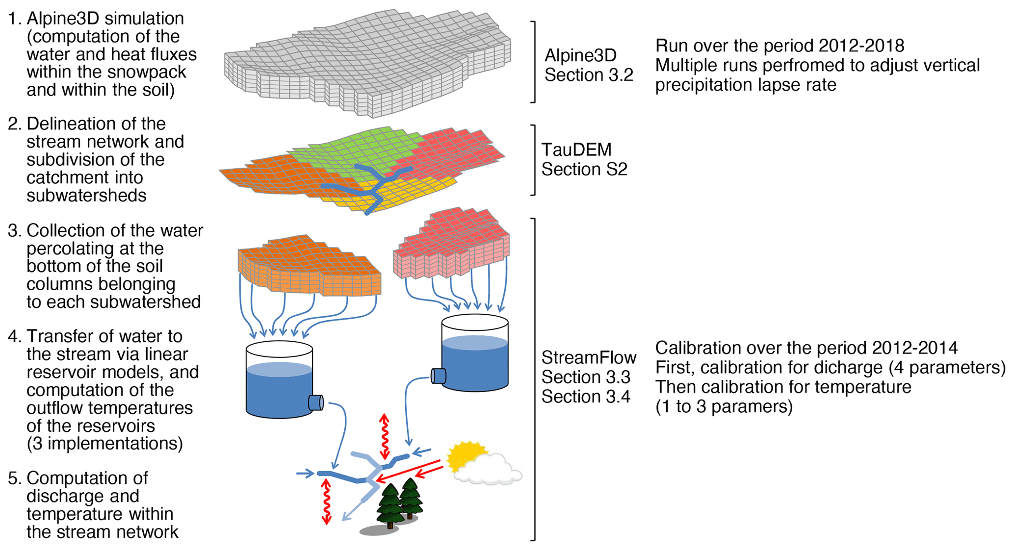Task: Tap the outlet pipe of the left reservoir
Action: click(315, 402)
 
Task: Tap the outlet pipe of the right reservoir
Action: click(438, 376)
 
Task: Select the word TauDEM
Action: click(576, 150)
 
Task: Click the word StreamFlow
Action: click(589, 358)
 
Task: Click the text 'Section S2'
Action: click(584, 170)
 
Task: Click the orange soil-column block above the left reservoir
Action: click(309, 267)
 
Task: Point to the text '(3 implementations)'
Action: click(105, 443)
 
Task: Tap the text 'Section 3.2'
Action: click(589, 75)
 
